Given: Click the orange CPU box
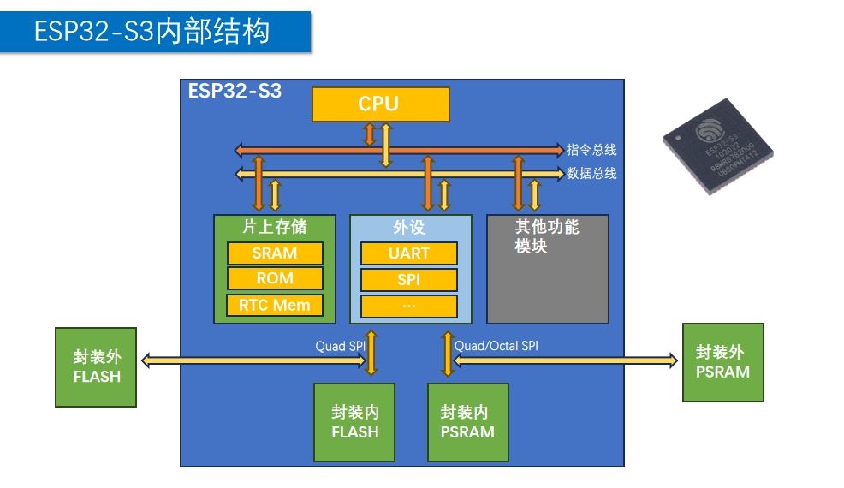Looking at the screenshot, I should [x=379, y=104].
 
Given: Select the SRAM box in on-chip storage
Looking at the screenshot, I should [x=275, y=253].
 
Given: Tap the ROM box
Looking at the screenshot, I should [x=275, y=278].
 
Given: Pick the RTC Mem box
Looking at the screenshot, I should [x=275, y=305].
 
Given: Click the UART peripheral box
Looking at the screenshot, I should [x=409, y=253].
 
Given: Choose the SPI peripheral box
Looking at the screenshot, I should [x=409, y=280].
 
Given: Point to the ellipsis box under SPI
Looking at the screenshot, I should [x=409, y=306].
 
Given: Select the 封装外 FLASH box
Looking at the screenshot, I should [x=96, y=366].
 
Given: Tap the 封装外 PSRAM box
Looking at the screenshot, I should [x=722, y=362].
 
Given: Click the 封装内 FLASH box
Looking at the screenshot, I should [x=354, y=422].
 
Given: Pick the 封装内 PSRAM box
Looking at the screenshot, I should [x=467, y=422].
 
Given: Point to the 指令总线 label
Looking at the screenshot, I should [x=591, y=150].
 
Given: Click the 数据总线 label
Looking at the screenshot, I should [x=591, y=173].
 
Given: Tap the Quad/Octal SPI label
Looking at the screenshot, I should [x=496, y=346].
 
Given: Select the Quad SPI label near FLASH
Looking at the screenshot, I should [x=340, y=346].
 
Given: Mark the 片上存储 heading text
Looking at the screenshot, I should [x=274, y=228].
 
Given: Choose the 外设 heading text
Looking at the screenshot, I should [x=409, y=229].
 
